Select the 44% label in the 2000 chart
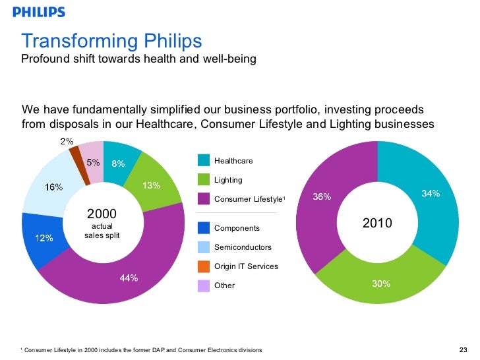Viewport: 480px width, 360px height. click(129, 278)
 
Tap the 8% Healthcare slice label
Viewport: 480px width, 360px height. click(118, 164)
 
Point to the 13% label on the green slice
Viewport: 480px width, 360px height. click(152, 185)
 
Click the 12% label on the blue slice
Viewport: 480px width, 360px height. click(44, 238)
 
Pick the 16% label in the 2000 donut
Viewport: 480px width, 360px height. click(53, 187)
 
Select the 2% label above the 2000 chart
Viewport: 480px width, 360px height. click(67, 140)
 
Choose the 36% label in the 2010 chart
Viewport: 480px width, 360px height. click(322, 197)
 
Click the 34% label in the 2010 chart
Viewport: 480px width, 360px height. click(431, 193)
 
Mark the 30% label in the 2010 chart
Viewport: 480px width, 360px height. click(381, 284)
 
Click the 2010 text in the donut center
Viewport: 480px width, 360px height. click(378, 224)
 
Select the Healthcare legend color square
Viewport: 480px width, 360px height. click(203, 160)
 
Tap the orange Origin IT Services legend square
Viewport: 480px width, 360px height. click(203, 266)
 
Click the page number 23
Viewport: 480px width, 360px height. click(462, 349)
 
